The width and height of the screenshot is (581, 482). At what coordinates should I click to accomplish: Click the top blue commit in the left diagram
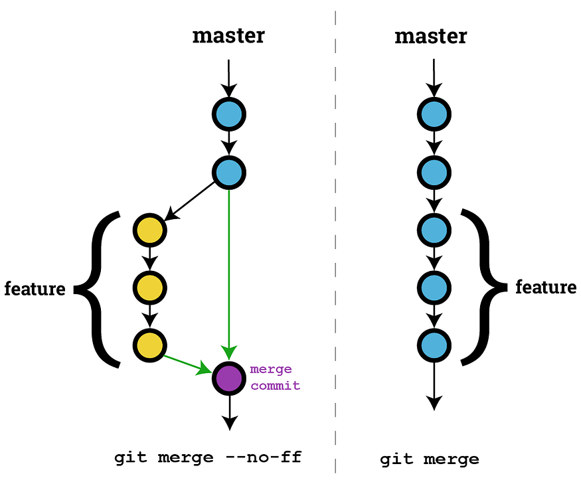tap(229, 115)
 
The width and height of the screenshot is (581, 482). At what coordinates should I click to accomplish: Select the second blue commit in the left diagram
tap(229, 173)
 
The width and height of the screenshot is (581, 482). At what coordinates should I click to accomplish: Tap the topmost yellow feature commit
tap(149, 230)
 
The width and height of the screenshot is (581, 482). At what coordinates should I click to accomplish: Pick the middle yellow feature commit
tap(149, 287)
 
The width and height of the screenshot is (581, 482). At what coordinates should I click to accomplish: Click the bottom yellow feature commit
tap(149, 345)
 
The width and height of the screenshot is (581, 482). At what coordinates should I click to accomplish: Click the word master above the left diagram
tap(228, 35)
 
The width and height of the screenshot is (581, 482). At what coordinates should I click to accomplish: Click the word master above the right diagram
tap(430, 35)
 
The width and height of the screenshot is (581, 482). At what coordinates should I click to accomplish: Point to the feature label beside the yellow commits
tap(35, 289)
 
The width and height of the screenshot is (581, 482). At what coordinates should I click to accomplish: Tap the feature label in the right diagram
tap(546, 287)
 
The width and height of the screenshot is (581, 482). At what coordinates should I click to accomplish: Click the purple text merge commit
tap(274, 377)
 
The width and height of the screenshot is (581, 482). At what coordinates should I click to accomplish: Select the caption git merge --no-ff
tap(208, 457)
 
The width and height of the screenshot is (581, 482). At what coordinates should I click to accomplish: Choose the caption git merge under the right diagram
tap(429, 459)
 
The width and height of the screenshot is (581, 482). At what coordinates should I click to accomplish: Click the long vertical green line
tap(229, 266)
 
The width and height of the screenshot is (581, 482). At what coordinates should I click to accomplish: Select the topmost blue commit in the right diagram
tap(434, 115)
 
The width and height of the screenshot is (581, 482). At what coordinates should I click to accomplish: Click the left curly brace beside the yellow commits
tap(100, 289)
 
